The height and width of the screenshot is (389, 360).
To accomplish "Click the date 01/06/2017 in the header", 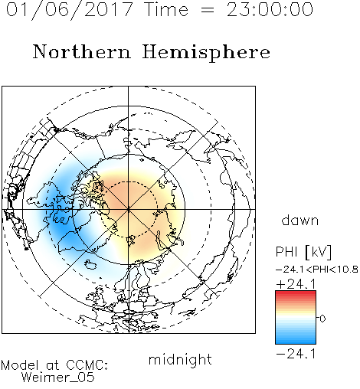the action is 70,10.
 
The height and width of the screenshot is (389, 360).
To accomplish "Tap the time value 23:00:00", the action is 270,10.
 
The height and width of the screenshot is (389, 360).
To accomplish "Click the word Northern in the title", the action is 82,52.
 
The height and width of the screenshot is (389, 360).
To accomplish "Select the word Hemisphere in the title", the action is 206,53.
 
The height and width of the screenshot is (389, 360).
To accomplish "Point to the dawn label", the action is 300,220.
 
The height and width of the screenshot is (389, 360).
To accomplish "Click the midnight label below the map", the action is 180,359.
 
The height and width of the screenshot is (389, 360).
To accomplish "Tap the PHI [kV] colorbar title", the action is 303,252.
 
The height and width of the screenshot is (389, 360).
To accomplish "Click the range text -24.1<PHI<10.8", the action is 317,270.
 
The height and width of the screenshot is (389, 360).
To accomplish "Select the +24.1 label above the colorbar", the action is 296,284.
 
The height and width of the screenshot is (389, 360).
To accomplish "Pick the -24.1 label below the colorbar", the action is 296,354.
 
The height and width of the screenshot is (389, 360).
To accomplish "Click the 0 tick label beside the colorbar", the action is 322,319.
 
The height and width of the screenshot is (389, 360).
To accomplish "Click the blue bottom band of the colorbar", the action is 296,341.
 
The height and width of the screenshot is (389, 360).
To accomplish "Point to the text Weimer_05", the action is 58,378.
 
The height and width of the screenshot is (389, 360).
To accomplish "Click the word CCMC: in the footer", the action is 87,365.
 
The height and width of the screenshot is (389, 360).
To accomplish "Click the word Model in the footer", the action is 20,365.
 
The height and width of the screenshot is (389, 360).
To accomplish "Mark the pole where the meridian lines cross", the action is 129,210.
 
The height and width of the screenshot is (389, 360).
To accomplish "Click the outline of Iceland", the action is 91,264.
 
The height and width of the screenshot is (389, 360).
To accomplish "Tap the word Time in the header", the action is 166,10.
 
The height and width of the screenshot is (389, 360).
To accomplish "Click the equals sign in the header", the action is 208,11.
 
